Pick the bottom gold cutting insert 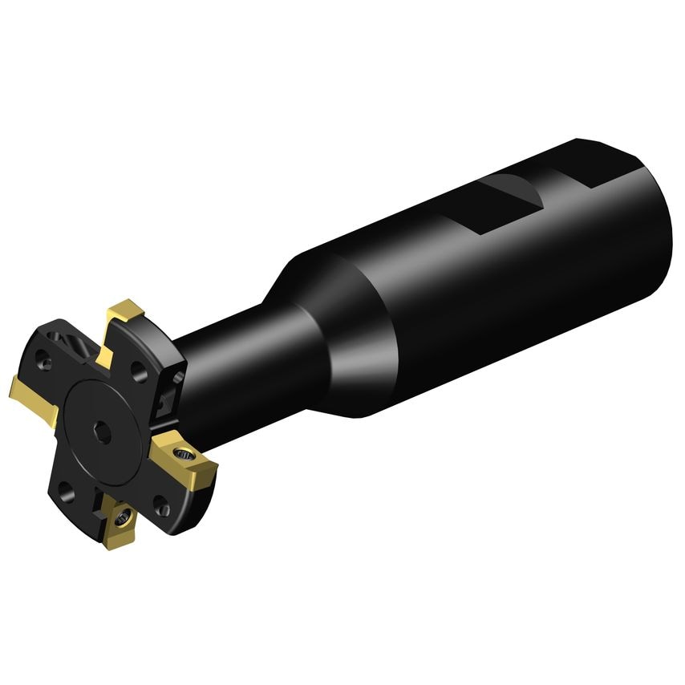[x=120, y=523]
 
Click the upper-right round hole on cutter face [x=139, y=371]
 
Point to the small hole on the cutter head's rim [x=178, y=375]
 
